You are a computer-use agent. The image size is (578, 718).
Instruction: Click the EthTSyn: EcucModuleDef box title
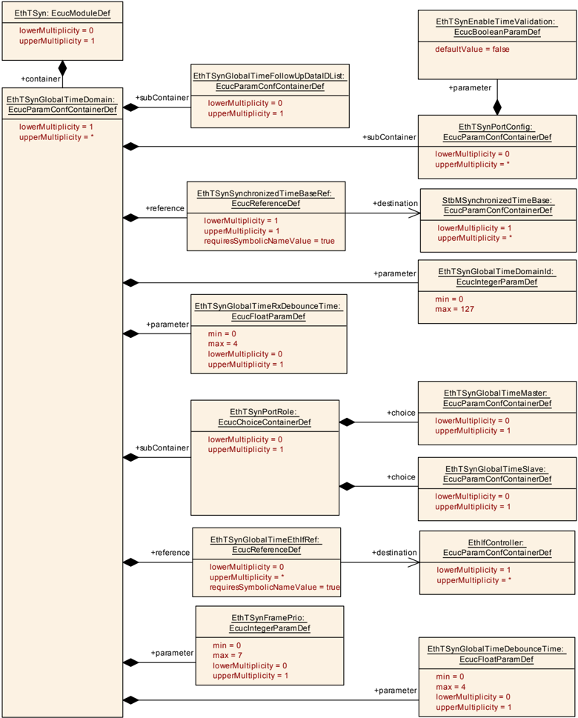[x=62, y=13]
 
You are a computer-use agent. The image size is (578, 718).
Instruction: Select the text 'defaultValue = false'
[x=472, y=50]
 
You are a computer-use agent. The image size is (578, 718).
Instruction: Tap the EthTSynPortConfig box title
[x=497, y=132]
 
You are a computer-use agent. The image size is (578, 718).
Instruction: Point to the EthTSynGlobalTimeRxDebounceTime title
[x=268, y=311]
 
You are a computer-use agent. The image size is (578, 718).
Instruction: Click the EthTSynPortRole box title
[x=265, y=417]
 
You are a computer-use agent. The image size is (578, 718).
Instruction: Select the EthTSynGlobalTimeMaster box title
[x=497, y=399]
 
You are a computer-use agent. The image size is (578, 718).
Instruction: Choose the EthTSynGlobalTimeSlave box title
[x=497, y=474]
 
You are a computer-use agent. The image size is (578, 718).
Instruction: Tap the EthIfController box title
[x=497, y=548]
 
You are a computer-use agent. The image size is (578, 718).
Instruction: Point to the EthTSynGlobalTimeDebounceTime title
[x=496, y=654]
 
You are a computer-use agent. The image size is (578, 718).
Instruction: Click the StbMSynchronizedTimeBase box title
[x=498, y=205]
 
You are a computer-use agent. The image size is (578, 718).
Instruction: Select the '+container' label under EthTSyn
[x=40, y=79]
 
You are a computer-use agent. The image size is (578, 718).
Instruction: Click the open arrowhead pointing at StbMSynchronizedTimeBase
[x=414, y=213]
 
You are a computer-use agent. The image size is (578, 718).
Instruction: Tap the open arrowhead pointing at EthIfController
[x=413, y=562]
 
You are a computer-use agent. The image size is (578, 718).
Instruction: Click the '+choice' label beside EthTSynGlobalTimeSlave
[x=401, y=477]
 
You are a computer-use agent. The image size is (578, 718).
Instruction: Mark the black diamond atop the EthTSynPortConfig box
[x=497, y=107]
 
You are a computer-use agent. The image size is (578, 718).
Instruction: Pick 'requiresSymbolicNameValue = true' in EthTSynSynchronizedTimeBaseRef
[x=269, y=241]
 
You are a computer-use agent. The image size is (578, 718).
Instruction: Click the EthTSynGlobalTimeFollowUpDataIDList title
[x=269, y=81]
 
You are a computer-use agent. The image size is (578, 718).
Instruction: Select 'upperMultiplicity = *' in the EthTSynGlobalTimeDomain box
[x=56, y=137]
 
